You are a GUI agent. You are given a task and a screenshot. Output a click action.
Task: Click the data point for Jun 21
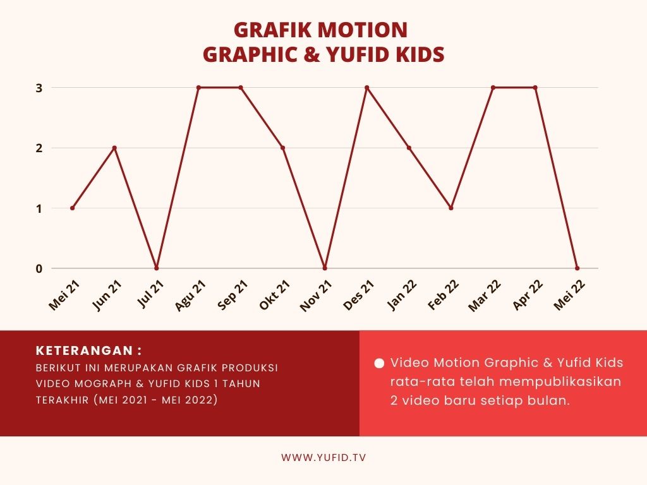pyautogui.click(x=115, y=148)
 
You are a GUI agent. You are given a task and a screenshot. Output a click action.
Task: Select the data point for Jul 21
pyautogui.click(x=157, y=268)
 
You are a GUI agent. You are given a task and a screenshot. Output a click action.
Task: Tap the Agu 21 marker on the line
pyautogui.click(x=198, y=87)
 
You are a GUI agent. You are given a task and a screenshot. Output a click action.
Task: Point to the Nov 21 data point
pyautogui.click(x=325, y=268)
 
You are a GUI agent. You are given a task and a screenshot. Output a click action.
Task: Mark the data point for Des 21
pyautogui.click(x=367, y=87)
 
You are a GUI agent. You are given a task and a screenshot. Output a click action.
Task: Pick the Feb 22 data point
pyautogui.click(x=451, y=208)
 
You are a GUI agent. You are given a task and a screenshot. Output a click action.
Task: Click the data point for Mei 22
pyautogui.click(x=577, y=268)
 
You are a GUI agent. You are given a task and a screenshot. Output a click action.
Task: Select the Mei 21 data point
pyautogui.click(x=73, y=208)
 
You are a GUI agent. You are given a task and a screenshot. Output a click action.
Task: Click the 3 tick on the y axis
pyautogui.click(x=39, y=88)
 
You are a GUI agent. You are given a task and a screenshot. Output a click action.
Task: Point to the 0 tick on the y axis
pyautogui.click(x=39, y=268)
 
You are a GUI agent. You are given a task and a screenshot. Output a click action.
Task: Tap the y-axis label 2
pyautogui.click(x=39, y=148)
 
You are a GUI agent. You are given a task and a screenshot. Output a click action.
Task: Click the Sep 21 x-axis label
pyautogui.click(x=233, y=295)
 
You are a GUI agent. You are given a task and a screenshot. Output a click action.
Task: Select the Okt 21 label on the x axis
pyautogui.click(x=275, y=295)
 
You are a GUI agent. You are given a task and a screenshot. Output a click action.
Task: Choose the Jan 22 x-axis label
pyautogui.click(x=402, y=295)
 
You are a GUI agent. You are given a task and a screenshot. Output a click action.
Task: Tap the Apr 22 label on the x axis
pyautogui.click(x=528, y=295)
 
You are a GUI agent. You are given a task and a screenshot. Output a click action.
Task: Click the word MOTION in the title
pyautogui.click(x=363, y=30)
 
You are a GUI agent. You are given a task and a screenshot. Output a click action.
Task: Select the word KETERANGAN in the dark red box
pyautogui.click(x=84, y=350)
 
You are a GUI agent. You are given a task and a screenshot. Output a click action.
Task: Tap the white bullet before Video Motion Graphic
pyautogui.click(x=379, y=363)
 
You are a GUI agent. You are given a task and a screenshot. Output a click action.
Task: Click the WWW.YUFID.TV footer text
pyautogui.click(x=323, y=457)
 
